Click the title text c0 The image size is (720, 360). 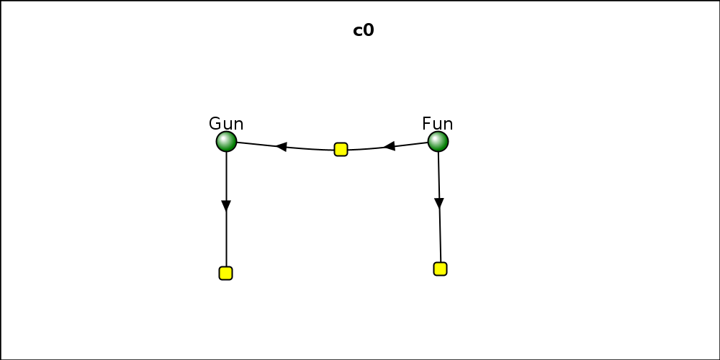pos(363,31)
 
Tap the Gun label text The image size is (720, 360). pos(226,124)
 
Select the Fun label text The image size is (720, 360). pos(437,124)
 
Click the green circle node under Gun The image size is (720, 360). pos(226,141)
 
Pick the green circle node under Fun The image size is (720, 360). pos(438,141)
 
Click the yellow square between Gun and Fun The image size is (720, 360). pos(341,149)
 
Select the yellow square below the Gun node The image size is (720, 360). pos(225,273)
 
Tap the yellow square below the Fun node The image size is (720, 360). pos(440,269)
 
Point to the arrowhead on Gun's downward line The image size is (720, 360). pos(226,206)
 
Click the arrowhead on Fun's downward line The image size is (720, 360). pos(439,204)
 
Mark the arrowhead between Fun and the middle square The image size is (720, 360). pos(389,146)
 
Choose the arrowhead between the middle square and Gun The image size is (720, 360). pos(281,147)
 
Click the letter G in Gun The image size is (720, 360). pos(215,124)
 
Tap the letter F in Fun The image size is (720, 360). pos(426,124)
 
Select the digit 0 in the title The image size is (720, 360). pos(369,30)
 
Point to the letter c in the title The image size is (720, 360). pos(358,32)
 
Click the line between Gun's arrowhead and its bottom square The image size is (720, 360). pos(226,239)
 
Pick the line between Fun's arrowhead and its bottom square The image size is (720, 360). pos(440,235)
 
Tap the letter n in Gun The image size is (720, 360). pos(239,125)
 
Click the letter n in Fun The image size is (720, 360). pos(448,125)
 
